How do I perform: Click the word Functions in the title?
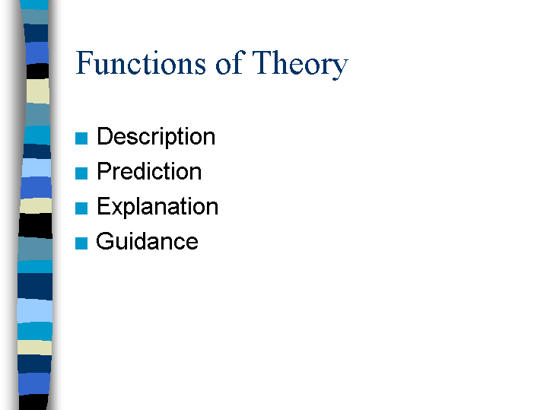(141, 63)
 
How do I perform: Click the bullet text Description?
(156, 137)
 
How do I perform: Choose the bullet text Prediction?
(149, 172)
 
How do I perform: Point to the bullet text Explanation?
(157, 207)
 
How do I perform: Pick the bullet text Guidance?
(147, 242)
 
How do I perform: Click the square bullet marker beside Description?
(82, 138)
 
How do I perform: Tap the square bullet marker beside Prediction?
(82, 173)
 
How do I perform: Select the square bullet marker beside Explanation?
(82, 208)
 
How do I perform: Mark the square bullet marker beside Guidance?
(82, 243)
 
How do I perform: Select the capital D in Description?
(105, 137)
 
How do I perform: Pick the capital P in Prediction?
(104, 172)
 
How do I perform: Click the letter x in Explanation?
(116, 208)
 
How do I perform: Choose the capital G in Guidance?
(105, 242)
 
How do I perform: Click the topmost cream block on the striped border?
(37, 91)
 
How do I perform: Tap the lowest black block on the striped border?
(34, 401)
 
